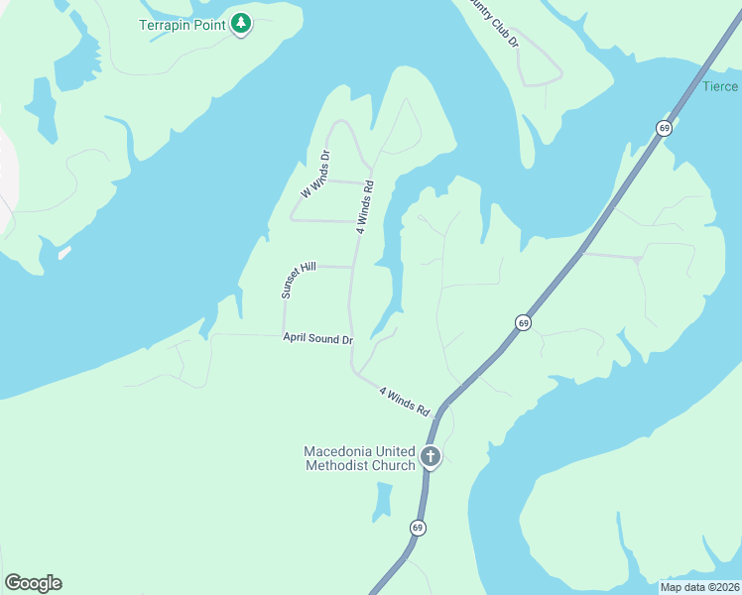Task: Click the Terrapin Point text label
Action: (182, 23)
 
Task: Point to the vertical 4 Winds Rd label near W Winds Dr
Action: (366, 206)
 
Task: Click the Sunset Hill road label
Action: (298, 281)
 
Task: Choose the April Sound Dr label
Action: (317, 339)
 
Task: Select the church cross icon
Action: (431, 457)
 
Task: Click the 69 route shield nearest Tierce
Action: (663, 127)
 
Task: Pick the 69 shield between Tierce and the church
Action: (523, 322)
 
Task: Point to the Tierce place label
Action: (721, 86)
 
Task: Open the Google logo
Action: (33, 583)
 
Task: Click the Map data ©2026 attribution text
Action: (699, 586)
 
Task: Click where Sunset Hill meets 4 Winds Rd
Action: (352, 267)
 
